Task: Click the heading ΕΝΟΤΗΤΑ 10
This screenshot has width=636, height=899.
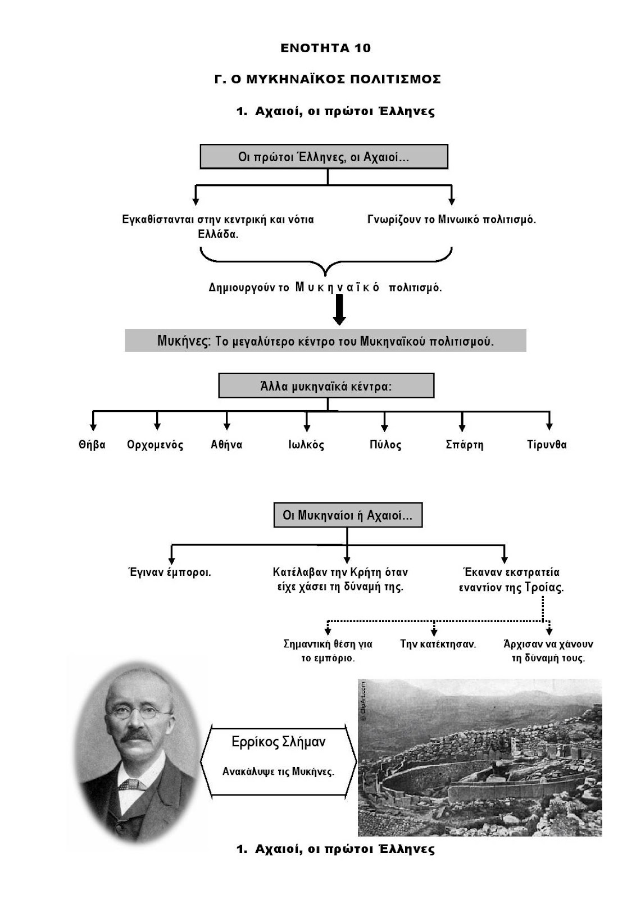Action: coord(325,48)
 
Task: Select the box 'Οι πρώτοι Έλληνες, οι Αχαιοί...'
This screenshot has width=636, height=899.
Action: coord(324,157)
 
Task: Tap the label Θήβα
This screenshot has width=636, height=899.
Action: coord(92,445)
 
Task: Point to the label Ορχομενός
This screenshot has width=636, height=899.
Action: coord(156,445)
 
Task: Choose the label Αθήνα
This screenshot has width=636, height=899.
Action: coord(226,445)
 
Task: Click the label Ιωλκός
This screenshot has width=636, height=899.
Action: coord(306,445)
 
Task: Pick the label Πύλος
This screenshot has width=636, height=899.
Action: coord(385,445)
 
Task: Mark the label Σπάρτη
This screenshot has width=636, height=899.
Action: coord(464,445)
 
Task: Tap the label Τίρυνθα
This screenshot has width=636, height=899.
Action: coord(547,445)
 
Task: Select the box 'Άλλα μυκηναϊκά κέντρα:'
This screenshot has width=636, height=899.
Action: coord(326,387)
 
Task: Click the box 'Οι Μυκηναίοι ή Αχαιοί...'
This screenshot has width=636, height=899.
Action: coord(348,515)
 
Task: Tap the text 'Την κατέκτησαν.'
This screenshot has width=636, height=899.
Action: coord(438,644)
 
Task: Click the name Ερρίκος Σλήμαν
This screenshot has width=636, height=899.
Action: coord(278,742)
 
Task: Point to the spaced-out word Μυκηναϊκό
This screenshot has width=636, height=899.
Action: coord(337,288)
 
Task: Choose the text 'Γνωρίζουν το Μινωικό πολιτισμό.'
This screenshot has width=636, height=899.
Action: coord(452,220)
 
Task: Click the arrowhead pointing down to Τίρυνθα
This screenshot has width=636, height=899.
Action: coord(549,426)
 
